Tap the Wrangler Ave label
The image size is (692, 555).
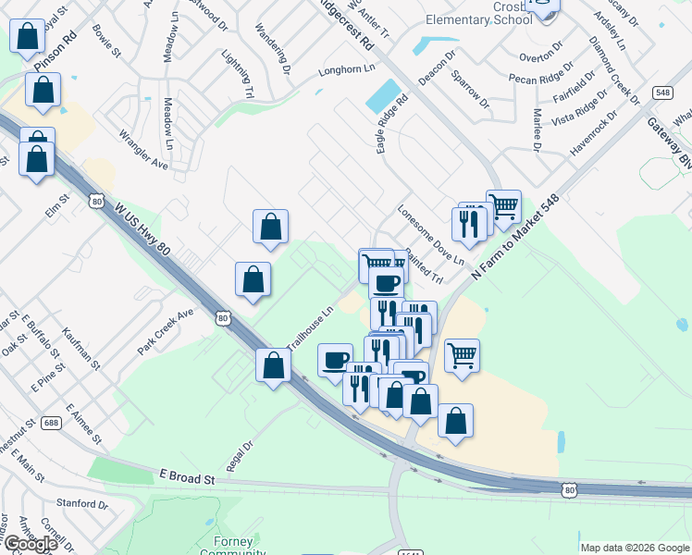click(x=142, y=150)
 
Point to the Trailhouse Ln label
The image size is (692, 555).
click(x=309, y=329)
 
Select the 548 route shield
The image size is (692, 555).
click(x=661, y=92)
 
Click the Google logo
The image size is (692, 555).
click(x=31, y=544)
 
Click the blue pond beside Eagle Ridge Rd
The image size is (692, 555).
click(x=379, y=95)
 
